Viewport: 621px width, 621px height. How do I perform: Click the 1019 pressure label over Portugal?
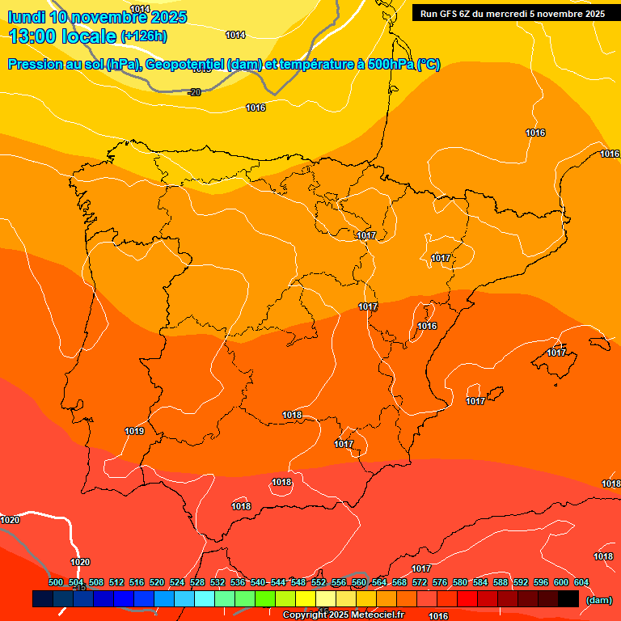pos(134,431)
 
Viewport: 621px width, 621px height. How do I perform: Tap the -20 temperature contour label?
pos(194,92)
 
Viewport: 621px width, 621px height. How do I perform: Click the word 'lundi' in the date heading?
pos(27,17)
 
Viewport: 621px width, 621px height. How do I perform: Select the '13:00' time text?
pos(33,36)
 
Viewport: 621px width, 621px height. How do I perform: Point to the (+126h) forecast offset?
pos(143,36)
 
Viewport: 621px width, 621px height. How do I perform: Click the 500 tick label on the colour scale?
pos(56,582)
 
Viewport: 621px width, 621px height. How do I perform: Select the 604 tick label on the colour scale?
pos(581,582)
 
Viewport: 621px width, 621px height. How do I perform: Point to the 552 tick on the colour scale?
pos(319,582)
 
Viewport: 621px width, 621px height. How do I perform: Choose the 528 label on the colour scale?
pos(197,582)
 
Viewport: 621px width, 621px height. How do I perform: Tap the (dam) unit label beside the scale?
pos(598,600)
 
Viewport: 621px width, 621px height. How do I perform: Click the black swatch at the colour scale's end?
pos(568,599)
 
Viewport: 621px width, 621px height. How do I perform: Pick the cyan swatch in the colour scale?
pos(205,599)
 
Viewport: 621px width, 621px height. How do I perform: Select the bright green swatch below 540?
pos(265,599)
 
